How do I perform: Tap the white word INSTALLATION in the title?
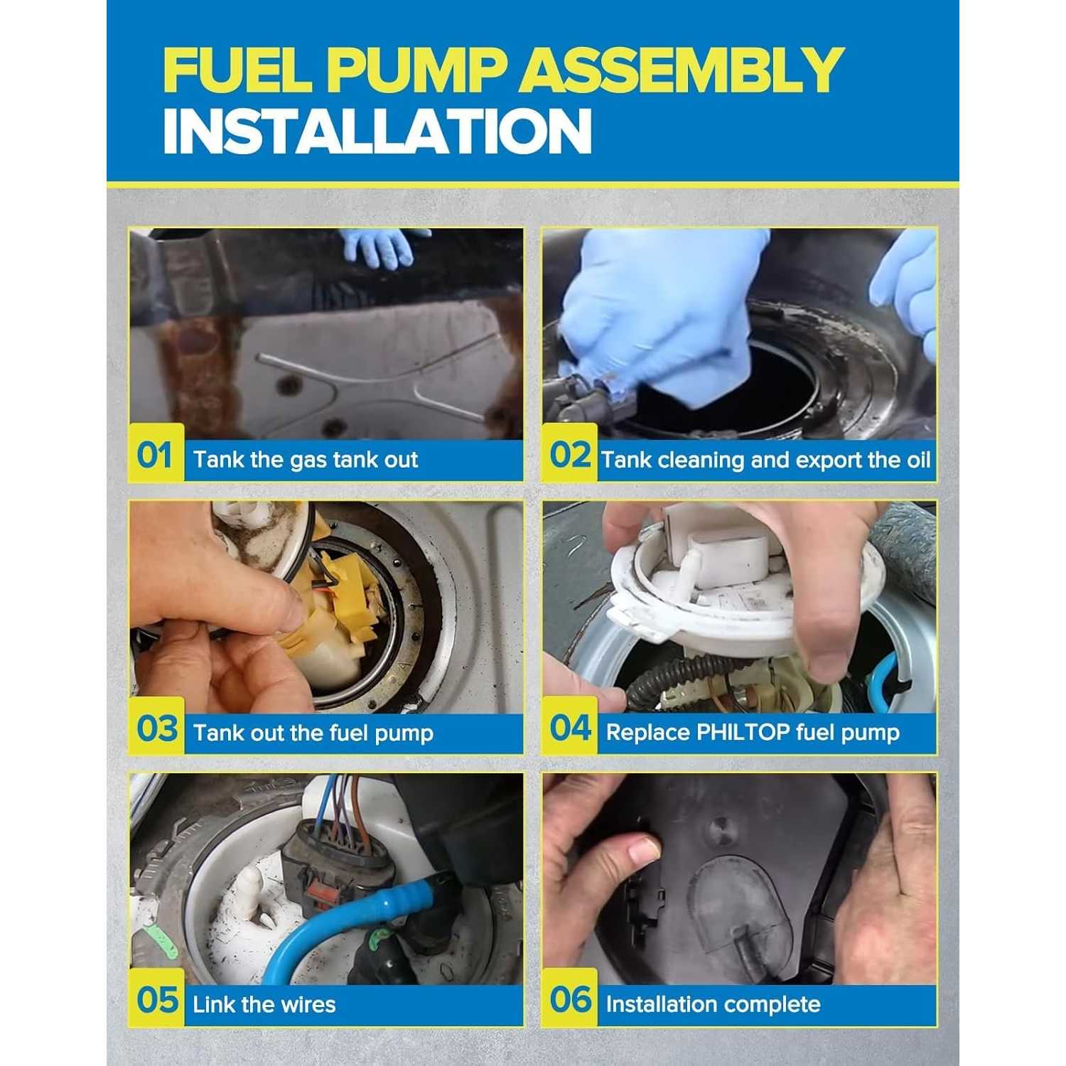(x=377, y=131)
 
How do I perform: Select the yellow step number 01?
(x=156, y=453)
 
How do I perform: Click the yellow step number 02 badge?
(x=570, y=453)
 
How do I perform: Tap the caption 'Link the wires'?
(x=264, y=1004)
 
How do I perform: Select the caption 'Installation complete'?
(x=713, y=1004)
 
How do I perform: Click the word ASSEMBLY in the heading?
(x=683, y=70)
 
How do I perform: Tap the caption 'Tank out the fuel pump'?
(x=313, y=733)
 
